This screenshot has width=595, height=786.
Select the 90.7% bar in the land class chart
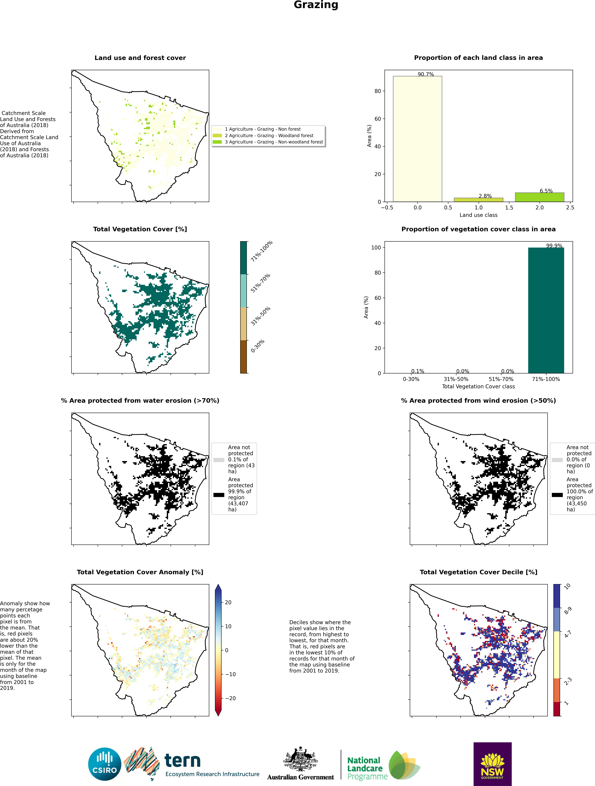click(x=417, y=139)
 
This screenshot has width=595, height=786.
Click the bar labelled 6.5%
click(x=539, y=197)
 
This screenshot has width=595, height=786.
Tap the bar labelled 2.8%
click(x=478, y=200)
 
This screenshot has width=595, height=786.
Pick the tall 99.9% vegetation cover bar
click(x=546, y=310)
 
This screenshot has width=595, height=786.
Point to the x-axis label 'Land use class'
click(x=478, y=215)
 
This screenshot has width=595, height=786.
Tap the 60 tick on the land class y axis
click(x=378, y=119)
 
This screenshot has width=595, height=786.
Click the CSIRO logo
click(x=105, y=764)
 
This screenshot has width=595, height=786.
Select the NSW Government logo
click(x=492, y=764)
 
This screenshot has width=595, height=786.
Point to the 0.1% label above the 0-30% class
click(x=418, y=371)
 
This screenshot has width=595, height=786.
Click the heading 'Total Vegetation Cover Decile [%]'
click(x=478, y=572)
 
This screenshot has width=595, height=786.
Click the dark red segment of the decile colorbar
click(x=557, y=709)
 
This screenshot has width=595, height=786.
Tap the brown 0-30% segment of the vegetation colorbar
click(x=243, y=357)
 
